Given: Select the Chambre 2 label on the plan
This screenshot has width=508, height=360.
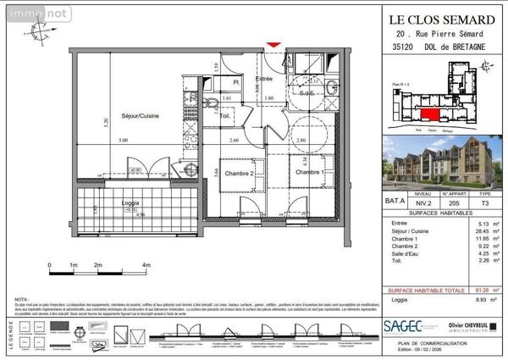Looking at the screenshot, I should [240, 173].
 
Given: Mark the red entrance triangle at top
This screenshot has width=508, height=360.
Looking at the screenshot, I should [272, 43].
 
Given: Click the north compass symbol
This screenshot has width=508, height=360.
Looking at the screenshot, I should [39, 31].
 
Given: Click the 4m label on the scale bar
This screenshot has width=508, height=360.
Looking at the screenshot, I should [146, 266].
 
